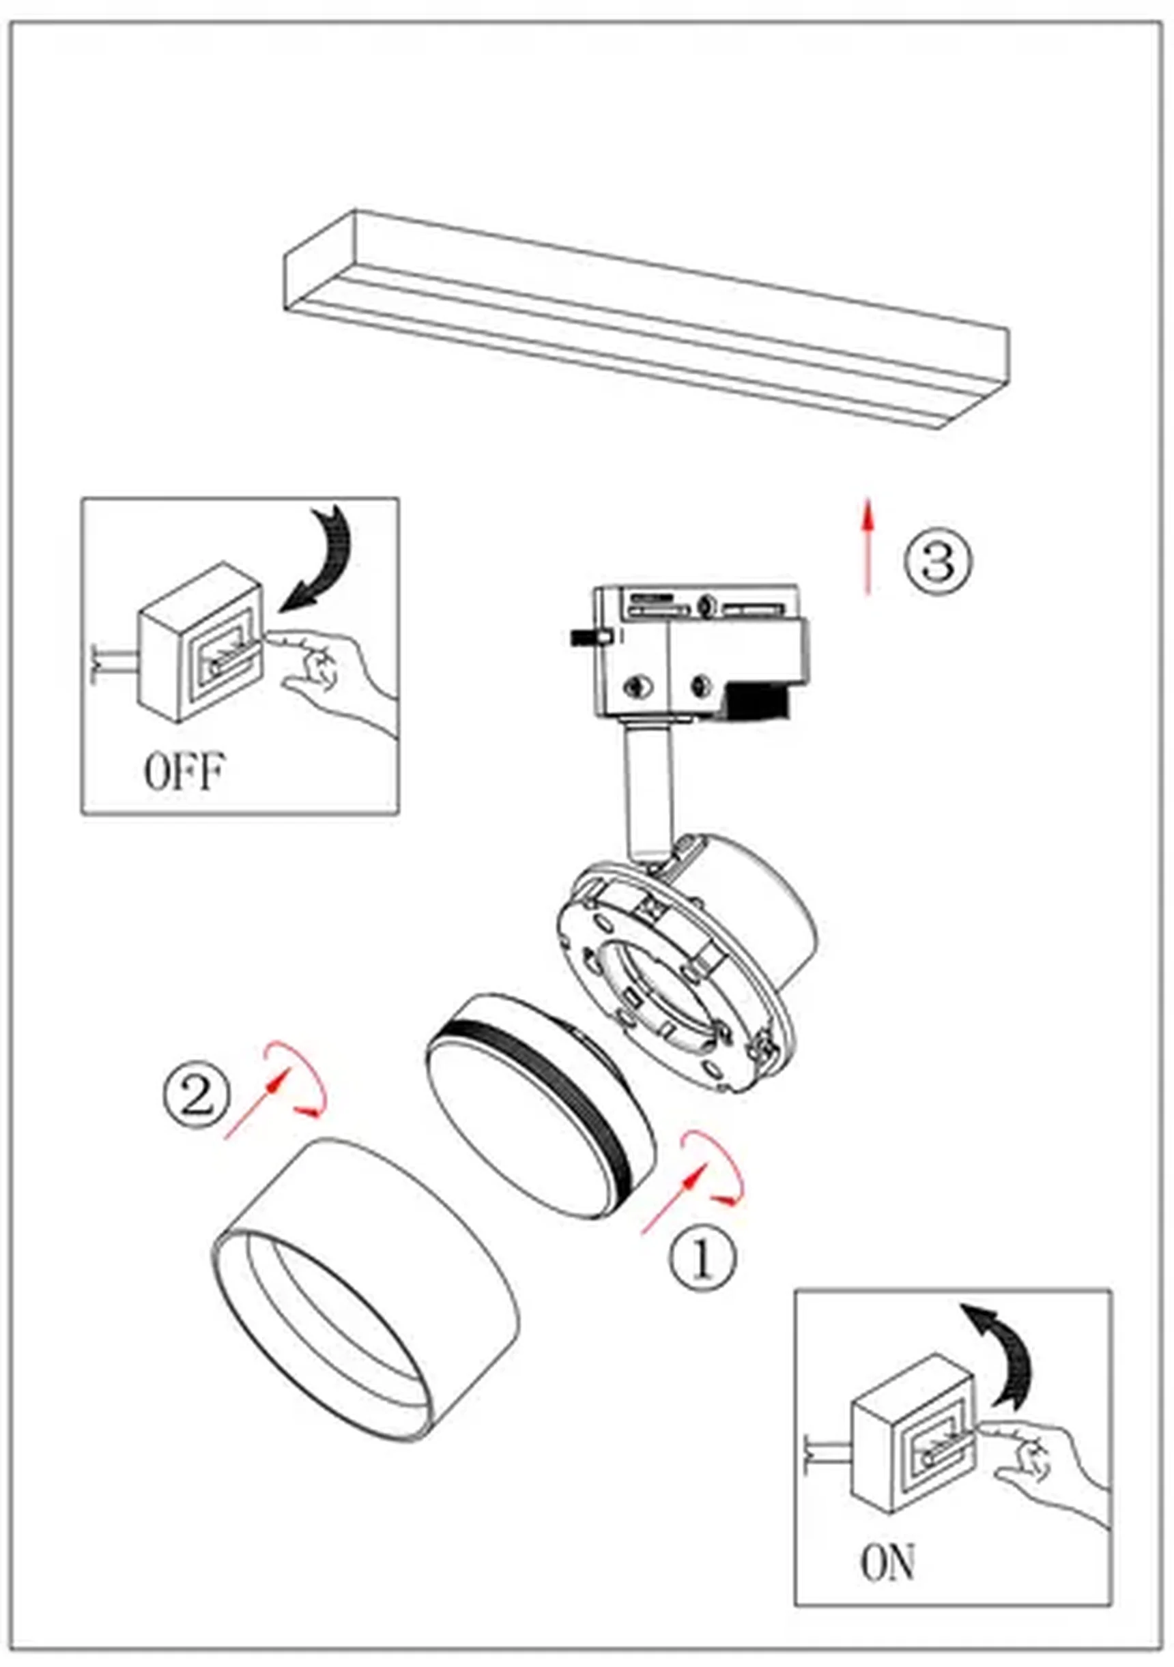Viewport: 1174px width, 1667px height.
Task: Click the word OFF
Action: [x=184, y=772]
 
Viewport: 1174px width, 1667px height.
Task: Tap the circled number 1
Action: [x=702, y=1258]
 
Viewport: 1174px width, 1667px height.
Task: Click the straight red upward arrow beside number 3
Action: [x=866, y=545]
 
